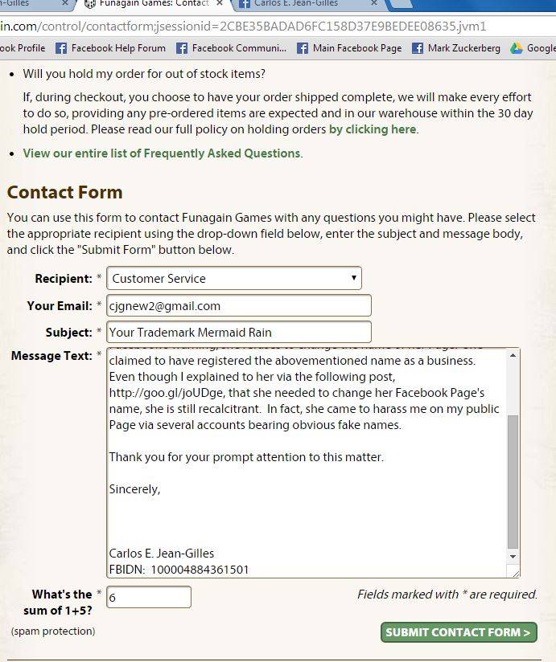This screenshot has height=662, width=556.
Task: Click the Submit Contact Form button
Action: [458, 632]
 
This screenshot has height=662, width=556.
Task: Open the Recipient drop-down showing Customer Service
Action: [233, 279]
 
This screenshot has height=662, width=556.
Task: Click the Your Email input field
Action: [238, 306]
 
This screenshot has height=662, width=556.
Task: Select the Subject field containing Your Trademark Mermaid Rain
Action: [238, 333]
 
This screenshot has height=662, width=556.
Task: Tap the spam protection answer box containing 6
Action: [149, 598]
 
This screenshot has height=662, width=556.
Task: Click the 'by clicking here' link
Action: [372, 129]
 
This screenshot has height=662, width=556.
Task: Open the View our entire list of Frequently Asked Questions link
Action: [161, 153]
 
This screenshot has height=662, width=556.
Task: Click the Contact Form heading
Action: [64, 193]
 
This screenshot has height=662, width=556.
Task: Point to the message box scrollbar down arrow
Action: [513, 556]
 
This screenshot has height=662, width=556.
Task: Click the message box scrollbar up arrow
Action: [513, 356]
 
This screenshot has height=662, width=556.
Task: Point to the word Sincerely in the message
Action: [134, 489]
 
